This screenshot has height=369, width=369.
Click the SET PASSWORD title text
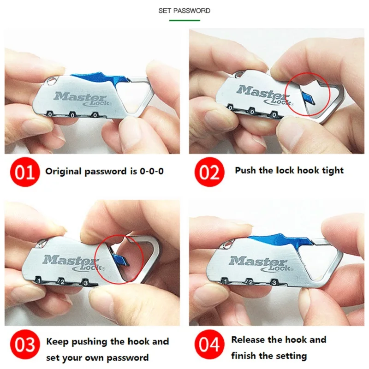click(184, 11)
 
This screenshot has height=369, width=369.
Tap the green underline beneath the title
click(184, 20)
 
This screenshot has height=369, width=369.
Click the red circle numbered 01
click(25, 172)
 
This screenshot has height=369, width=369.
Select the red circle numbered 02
click(209, 172)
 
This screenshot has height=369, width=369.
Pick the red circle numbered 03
click(25, 345)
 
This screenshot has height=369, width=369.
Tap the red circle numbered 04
click(209, 345)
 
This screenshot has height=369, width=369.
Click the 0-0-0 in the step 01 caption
click(152, 171)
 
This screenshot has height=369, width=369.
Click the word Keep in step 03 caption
click(57, 342)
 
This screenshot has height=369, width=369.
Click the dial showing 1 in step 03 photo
click(39, 280)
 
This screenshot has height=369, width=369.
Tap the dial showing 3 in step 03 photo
click(85, 282)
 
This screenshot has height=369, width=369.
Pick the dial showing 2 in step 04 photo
click(250, 282)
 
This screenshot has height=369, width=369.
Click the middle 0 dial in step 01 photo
click(72, 115)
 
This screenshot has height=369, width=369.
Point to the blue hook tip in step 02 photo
click(307, 98)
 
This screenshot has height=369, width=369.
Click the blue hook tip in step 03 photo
click(120, 260)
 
